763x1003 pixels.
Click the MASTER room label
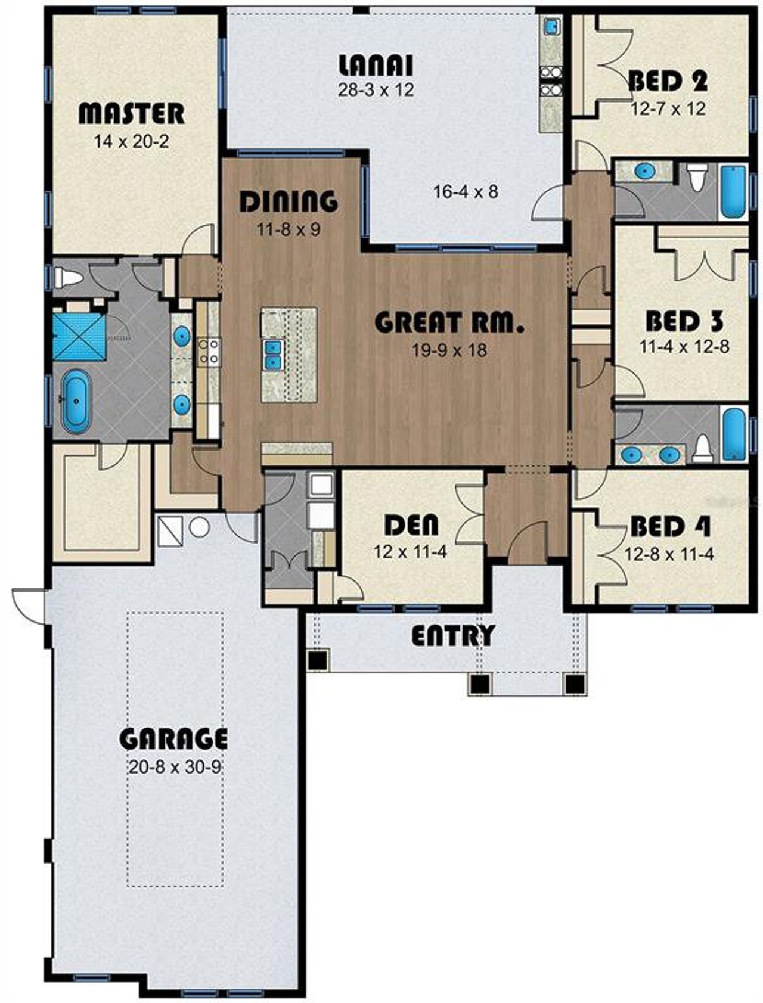(x=132, y=113)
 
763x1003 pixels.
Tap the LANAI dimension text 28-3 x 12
(x=376, y=90)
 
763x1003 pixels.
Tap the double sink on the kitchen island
(x=273, y=354)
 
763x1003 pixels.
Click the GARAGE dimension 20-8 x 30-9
(x=174, y=766)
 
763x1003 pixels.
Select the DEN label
(x=411, y=524)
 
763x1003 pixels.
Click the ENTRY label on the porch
(x=453, y=636)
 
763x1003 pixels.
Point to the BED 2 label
(x=668, y=81)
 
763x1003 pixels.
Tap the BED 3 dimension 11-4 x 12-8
(x=684, y=347)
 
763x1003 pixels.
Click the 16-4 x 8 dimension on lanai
(x=466, y=192)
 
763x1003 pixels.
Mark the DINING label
(x=289, y=201)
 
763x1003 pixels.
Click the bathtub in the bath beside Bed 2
(x=733, y=190)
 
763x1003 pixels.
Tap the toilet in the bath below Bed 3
(x=703, y=448)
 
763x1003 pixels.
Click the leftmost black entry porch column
(x=317, y=660)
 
